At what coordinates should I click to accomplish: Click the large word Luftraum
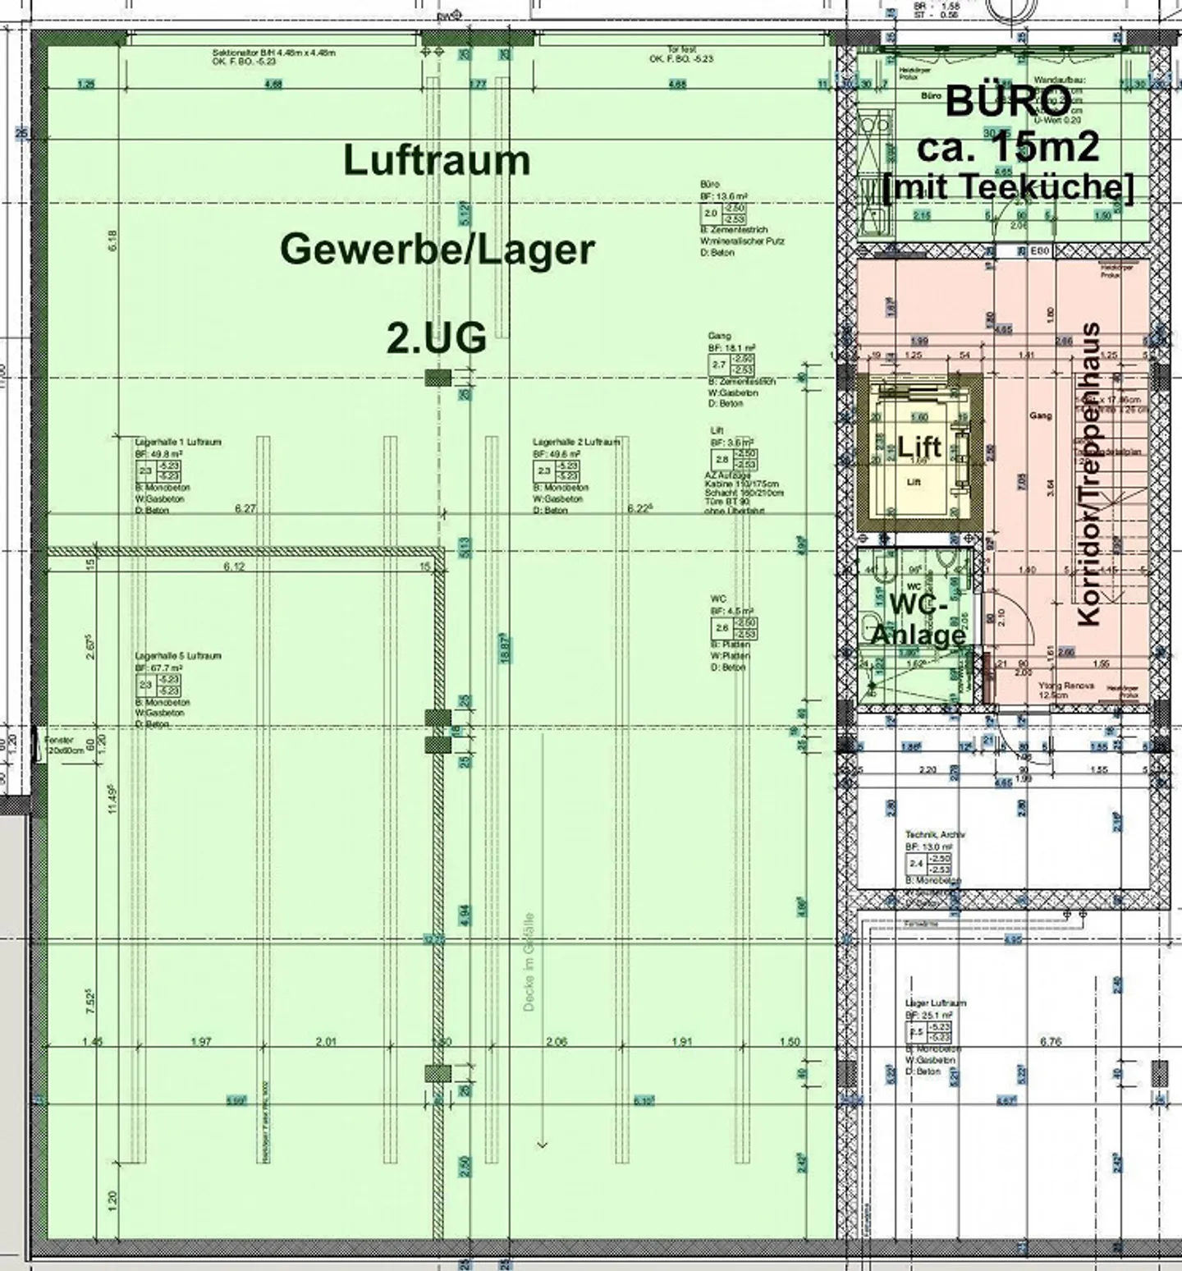click(x=437, y=161)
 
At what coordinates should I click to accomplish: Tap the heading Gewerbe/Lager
click(x=437, y=250)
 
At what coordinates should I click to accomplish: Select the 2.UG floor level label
click(x=437, y=337)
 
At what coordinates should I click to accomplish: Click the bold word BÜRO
click(x=1008, y=102)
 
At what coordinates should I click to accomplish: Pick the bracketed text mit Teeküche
click(x=1008, y=187)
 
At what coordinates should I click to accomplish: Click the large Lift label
click(x=919, y=447)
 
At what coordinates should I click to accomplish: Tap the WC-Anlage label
click(x=918, y=621)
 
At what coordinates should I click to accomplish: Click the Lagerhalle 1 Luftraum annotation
click(x=178, y=442)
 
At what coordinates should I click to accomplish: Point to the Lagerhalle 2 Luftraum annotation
click(x=575, y=442)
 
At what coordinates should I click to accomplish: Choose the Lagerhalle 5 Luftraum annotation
click(x=178, y=656)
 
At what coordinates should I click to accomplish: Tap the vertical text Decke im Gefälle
click(x=529, y=961)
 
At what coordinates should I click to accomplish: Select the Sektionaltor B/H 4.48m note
click(x=273, y=53)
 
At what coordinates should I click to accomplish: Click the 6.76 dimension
click(x=1051, y=1042)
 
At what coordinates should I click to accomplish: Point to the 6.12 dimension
click(x=235, y=567)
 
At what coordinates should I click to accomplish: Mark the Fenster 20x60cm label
click(x=58, y=745)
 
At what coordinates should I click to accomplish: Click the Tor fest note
click(x=681, y=50)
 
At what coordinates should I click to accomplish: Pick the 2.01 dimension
click(x=326, y=1042)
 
